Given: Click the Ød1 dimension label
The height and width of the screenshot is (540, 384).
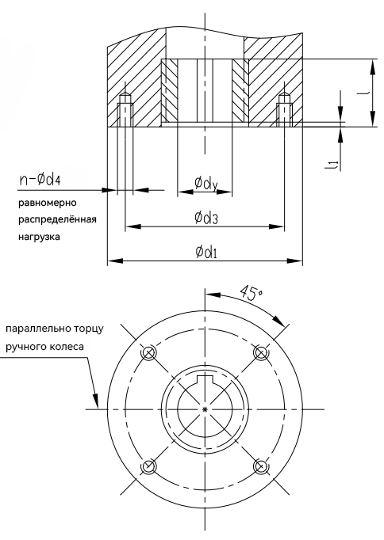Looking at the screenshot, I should (x=208, y=251).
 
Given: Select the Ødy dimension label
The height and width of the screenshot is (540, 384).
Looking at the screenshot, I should (x=205, y=184).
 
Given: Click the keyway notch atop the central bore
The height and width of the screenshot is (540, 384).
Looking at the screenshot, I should (x=205, y=382).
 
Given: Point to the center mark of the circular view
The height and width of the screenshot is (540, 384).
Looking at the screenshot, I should (x=205, y=409).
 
